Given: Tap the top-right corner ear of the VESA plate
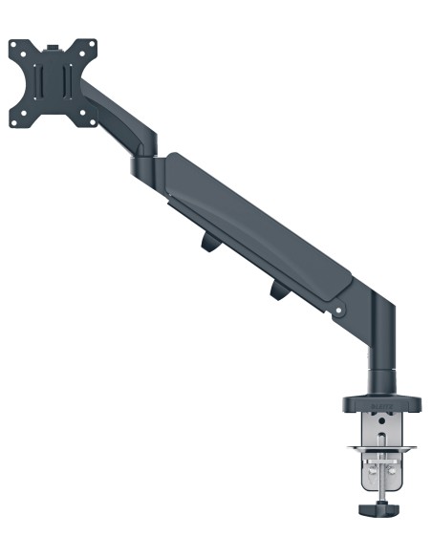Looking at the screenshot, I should [92, 44].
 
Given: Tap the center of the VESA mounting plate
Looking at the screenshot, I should [54, 83].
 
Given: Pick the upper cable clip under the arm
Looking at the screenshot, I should [208, 245].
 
